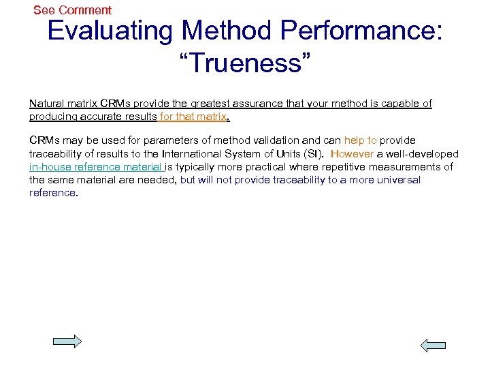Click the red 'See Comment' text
[x=72, y=10]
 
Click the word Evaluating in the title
[x=110, y=31]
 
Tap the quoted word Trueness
[x=245, y=63]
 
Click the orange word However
[x=352, y=154]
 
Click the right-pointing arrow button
[x=67, y=341]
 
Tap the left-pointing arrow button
[x=433, y=346]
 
